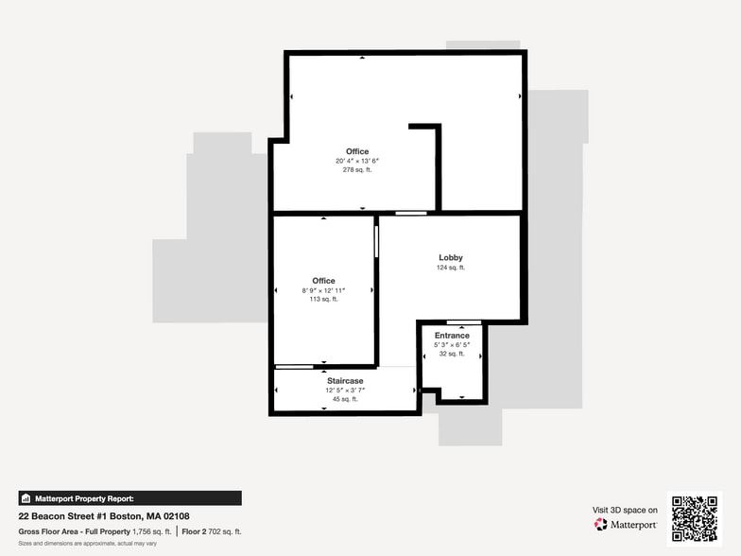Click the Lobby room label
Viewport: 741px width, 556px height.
point(451,257)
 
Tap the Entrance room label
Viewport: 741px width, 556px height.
point(452,336)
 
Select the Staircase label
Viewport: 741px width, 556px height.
point(345,381)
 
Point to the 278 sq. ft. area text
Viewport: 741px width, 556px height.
point(357,170)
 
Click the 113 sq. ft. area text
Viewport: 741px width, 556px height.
point(324,299)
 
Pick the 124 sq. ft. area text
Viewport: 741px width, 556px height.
point(451,268)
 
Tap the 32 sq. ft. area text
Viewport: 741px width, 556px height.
point(452,354)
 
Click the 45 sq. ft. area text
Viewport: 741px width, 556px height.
point(345,399)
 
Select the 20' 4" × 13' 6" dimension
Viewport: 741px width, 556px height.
point(357,161)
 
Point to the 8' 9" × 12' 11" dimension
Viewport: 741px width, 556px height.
point(324,289)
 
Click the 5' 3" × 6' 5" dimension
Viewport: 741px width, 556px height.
point(452,345)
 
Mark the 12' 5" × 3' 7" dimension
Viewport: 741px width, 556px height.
point(345,390)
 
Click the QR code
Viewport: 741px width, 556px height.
point(694,518)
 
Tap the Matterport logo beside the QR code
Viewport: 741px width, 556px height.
point(627,524)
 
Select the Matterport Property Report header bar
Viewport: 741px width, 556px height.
point(130,498)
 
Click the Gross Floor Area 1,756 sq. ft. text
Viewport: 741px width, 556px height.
point(95,531)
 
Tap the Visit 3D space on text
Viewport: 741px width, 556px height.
point(625,510)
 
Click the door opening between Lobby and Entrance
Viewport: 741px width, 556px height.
point(464,322)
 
